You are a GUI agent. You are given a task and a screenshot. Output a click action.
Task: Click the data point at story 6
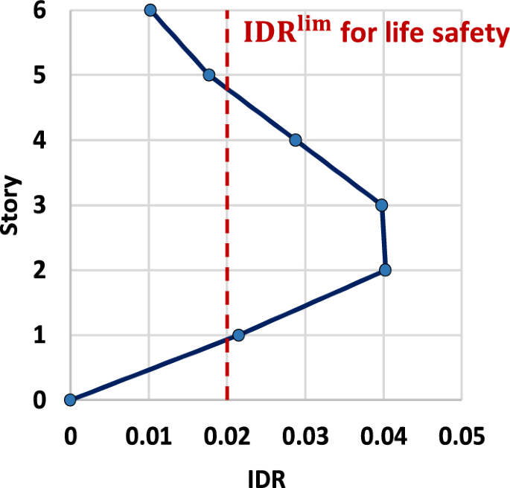[150, 10]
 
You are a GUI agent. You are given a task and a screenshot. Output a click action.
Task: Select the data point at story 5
[209, 75]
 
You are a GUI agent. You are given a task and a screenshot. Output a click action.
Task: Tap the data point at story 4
[296, 140]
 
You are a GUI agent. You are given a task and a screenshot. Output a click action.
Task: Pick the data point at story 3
[382, 205]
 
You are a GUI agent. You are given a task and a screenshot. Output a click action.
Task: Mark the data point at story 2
[385, 270]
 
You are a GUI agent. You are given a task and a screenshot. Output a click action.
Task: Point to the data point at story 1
[238, 335]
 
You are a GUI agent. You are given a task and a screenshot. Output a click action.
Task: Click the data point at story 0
[70, 400]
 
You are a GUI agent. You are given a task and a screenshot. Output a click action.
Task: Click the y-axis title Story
[10, 205]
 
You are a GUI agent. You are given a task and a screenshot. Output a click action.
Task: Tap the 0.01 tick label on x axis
[148, 434]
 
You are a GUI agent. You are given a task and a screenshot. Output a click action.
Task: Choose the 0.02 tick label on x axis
[227, 434]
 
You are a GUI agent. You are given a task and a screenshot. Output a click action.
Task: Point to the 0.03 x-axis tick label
[305, 434]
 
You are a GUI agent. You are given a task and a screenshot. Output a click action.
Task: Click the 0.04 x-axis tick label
[384, 434]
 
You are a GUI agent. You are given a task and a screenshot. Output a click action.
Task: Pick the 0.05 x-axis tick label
[462, 434]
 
